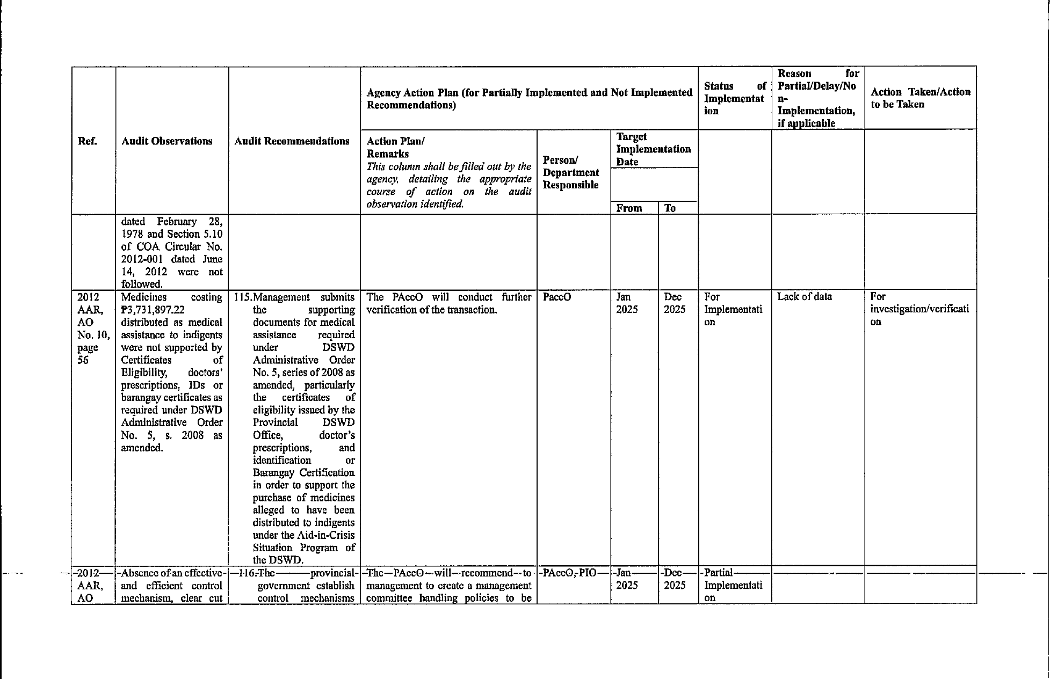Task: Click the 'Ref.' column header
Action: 88,141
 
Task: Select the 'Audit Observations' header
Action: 167,141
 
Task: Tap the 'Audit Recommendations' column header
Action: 292,141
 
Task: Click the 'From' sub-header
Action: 629,208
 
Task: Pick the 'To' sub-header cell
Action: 670,208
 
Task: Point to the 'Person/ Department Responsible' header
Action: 571,172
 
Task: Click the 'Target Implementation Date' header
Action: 653,149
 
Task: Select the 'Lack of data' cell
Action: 804,296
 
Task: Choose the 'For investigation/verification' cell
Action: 919,309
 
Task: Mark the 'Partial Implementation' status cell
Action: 733,585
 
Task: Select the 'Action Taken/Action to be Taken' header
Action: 921,98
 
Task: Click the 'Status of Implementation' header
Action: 734,98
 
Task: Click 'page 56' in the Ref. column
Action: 88,353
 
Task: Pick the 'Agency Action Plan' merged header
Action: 529,99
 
